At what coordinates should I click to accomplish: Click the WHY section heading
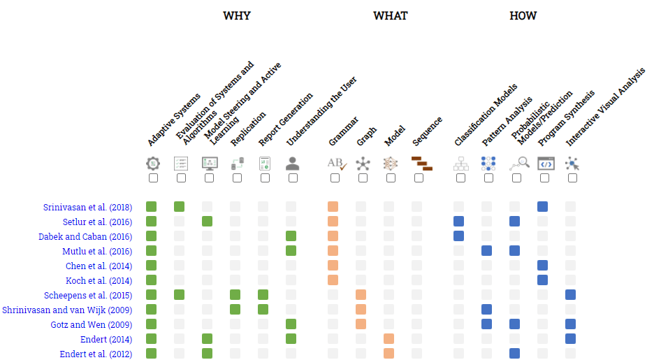(x=236, y=16)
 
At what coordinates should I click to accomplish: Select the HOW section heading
(x=523, y=16)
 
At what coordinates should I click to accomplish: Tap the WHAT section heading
(x=390, y=16)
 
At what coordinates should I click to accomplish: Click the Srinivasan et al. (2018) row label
(x=87, y=207)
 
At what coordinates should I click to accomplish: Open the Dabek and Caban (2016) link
(x=85, y=236)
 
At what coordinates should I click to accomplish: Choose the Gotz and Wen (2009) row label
(x=92, y=324)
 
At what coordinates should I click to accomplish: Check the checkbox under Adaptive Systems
(x=153, y=178)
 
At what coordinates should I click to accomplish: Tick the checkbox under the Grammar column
(x=335, y=178)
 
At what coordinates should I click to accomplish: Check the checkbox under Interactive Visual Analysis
(x=572, y=178)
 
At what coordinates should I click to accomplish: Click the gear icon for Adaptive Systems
(x=153, y=164)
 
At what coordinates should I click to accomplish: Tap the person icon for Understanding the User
(x=292, y=164)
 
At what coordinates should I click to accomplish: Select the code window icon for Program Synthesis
(x=544, y=164)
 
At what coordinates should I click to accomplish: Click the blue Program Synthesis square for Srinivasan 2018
(x=542, y=206)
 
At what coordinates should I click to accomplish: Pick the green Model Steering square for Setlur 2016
(x=207, y=221)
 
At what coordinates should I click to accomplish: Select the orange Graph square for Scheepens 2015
(x=361, y=294)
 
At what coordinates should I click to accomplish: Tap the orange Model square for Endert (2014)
(x=388, y=338)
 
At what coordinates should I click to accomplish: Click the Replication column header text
(x=248, y=128)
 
